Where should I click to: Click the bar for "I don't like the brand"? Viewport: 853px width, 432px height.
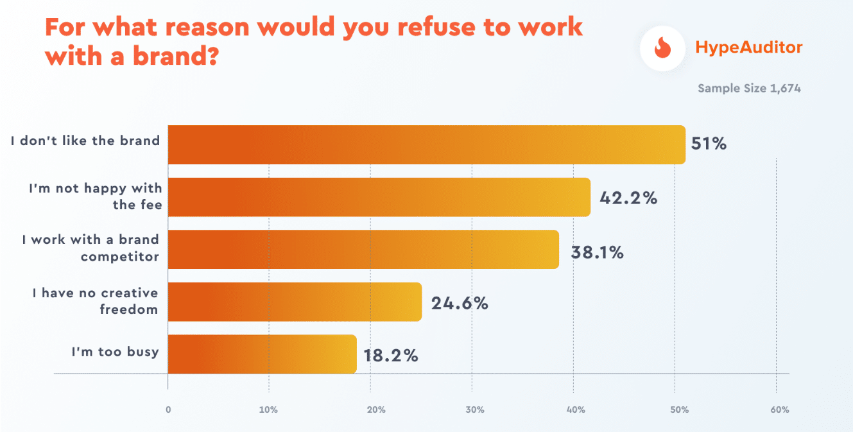click(x=426, y=144)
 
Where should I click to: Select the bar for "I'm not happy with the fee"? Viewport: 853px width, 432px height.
click(x=379, y=197)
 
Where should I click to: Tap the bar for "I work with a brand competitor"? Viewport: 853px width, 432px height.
click(x=363, y=249)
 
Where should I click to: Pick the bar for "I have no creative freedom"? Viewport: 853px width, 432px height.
click(x=295, y=302)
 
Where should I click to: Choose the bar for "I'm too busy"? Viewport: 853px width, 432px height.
click(x=262, y=354)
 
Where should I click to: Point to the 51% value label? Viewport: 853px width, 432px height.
click(x=709, y=144)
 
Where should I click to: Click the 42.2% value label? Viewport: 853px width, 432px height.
click(x=628, y=198)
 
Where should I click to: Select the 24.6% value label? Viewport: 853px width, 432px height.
click(x=460, y=303)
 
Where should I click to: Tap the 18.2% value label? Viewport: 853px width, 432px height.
click(x=391, y=356)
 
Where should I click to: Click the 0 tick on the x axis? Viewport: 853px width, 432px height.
click(x=168, y=410)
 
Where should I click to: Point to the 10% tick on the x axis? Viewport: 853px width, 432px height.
click(x=268, y=410)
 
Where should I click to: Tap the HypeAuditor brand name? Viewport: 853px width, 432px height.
click(x=749, y=48)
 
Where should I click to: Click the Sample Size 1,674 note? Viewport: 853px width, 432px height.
click(x=749, y=89)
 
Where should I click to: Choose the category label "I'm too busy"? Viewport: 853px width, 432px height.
click(x=115, y=352)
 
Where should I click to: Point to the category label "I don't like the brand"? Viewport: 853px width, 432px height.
click(x=85, y=141)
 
